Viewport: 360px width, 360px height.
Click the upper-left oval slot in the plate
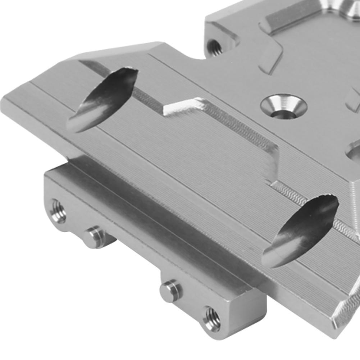[x=102, y=99]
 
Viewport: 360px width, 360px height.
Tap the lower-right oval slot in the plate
[x=300, y=230]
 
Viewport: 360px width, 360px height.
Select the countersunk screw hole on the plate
[x=284, y=107]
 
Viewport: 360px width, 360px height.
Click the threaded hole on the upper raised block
[x=215, y=47]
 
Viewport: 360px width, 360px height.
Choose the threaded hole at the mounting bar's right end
[x=212, y=319]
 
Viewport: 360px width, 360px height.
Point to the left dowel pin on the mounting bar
[x=94, y=236]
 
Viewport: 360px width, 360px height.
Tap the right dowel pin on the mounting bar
[x=171, y=290]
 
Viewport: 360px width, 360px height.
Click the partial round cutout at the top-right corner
[x=351, y=5]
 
